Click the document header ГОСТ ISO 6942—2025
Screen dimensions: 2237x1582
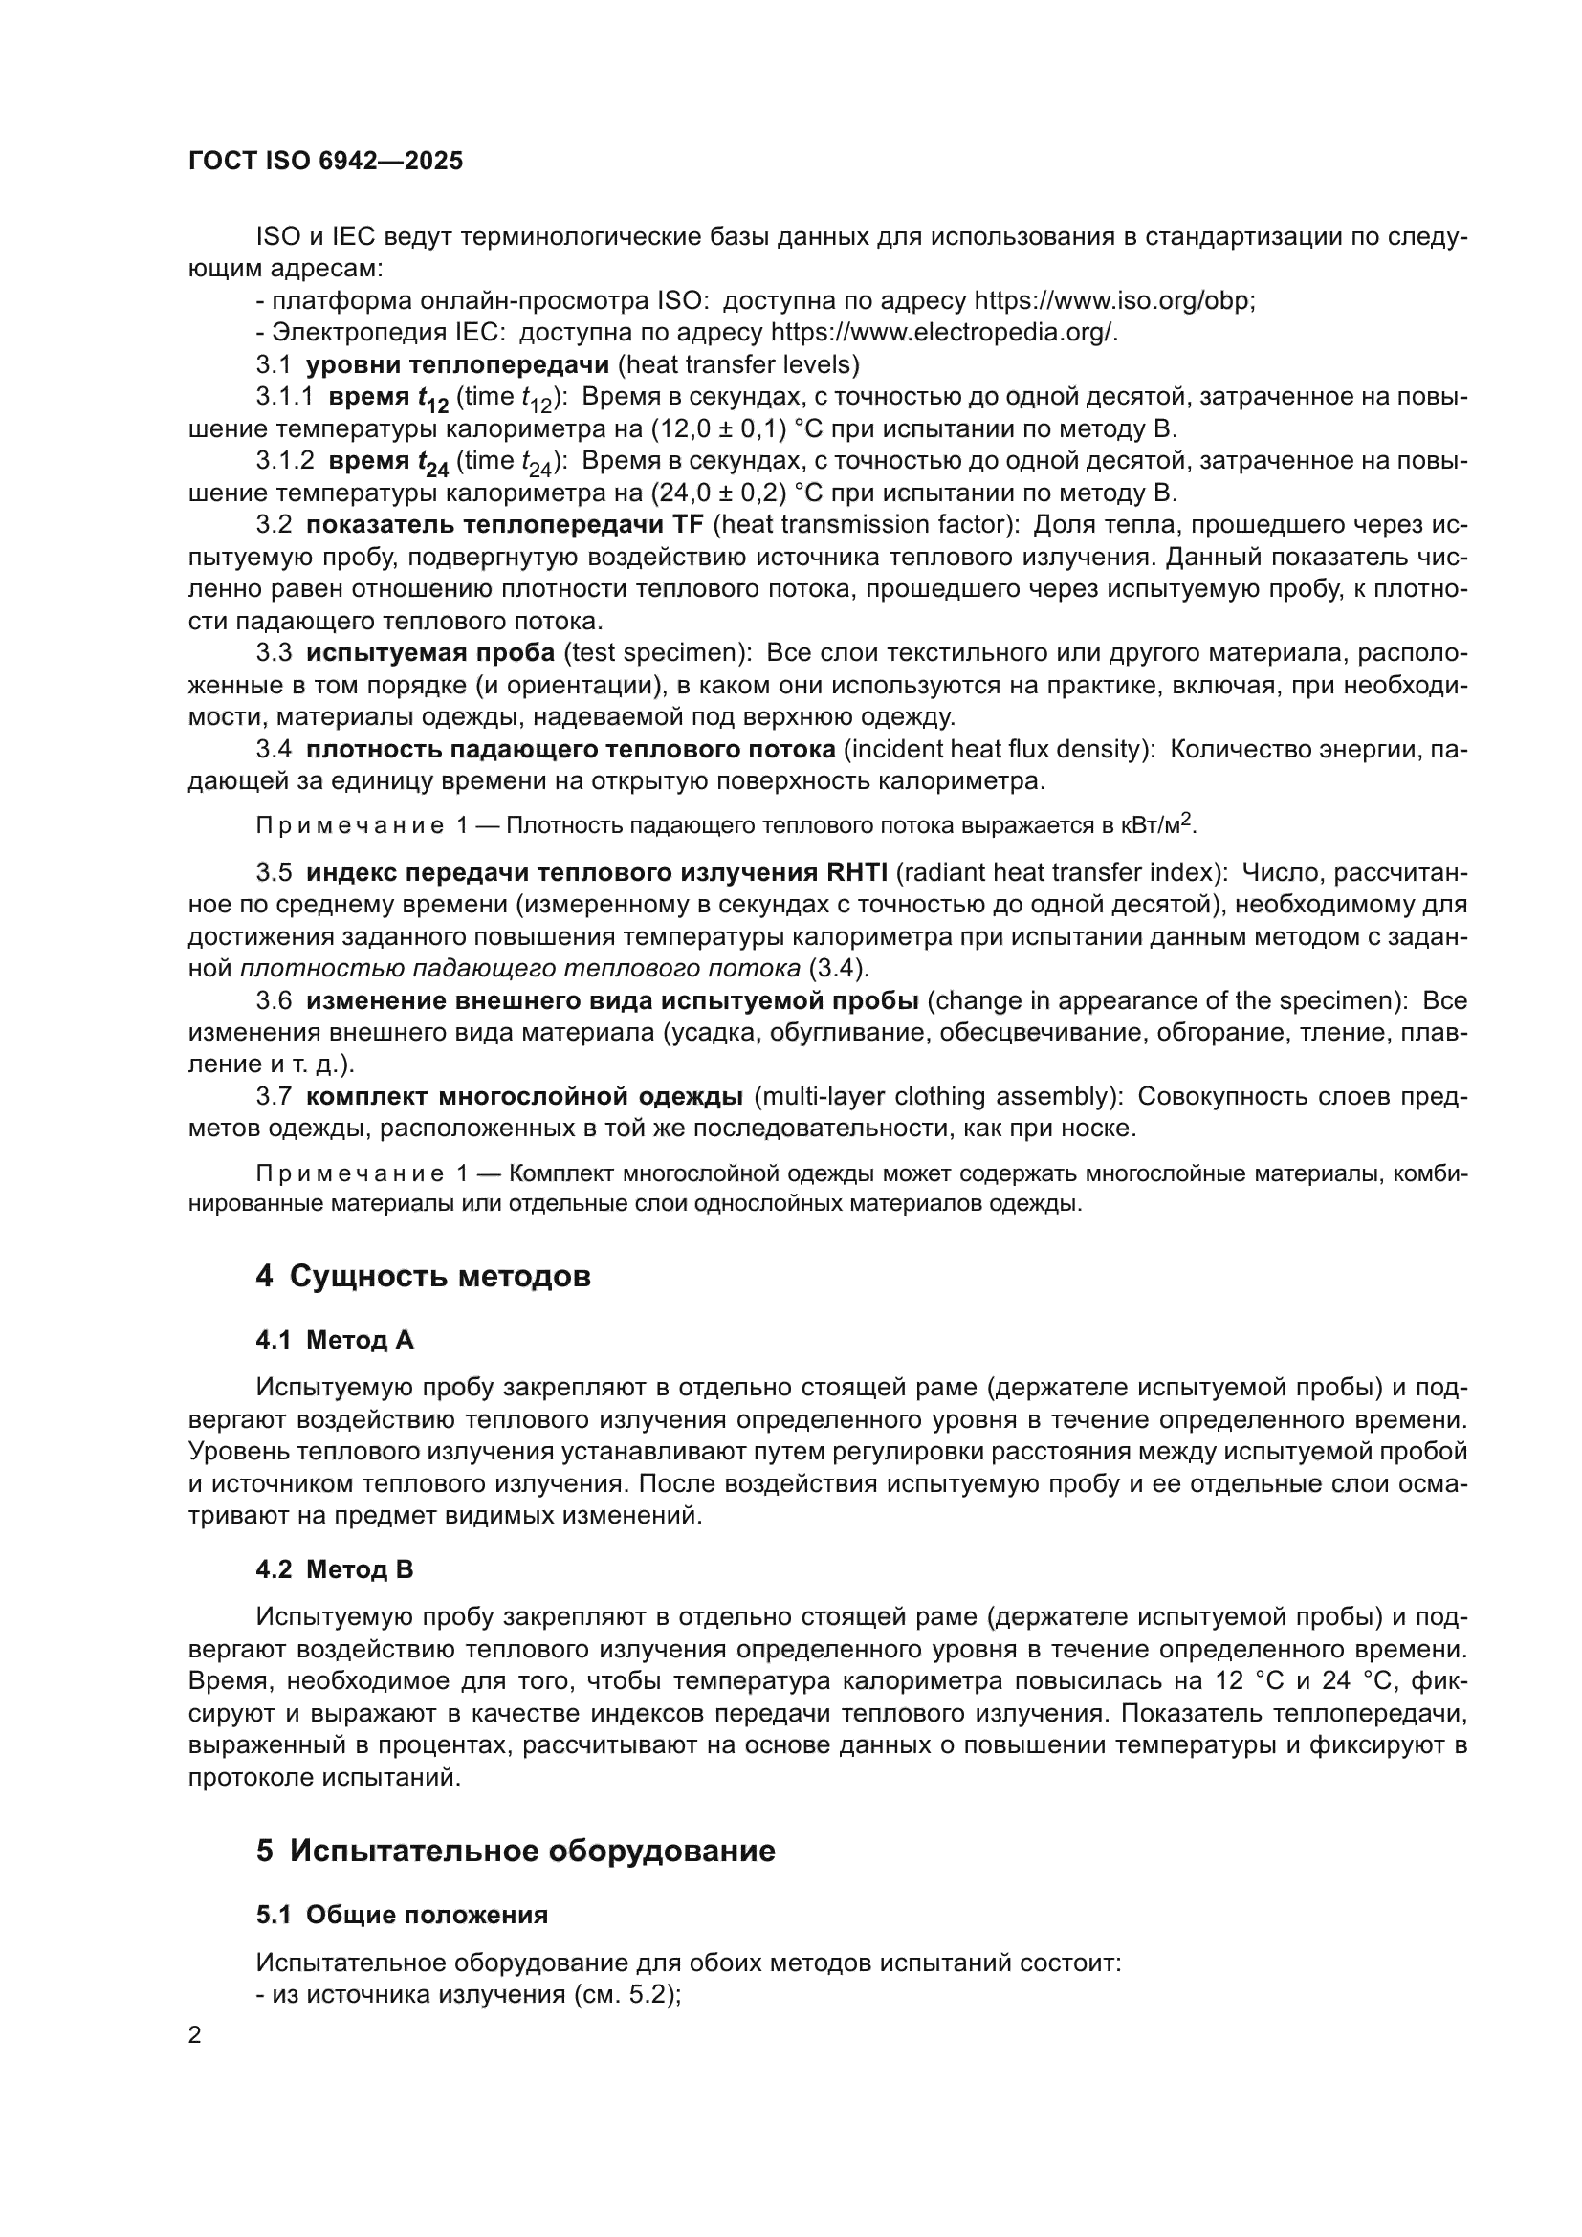(325, 161)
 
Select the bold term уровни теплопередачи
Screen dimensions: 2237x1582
(457, 364)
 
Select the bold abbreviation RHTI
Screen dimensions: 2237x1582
(856, 872)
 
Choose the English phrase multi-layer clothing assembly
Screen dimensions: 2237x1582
(940, 1096)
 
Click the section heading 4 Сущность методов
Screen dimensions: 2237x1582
(423, 1276)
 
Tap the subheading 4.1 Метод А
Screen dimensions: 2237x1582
(334, 1340)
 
